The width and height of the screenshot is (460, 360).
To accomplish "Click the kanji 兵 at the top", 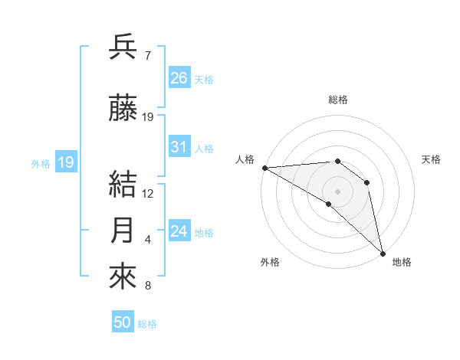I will [124, 47].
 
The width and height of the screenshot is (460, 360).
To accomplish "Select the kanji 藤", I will [124, 109].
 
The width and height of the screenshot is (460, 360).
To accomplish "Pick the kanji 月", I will [124, 231].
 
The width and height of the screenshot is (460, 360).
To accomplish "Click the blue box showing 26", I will [179, 78].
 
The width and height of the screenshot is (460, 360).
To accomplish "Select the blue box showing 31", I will [179, 147].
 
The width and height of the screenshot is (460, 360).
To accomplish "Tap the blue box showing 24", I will [179, 231].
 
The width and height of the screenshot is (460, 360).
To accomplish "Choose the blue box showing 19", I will [65, 162].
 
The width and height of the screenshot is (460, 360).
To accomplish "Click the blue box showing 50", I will [123, 322].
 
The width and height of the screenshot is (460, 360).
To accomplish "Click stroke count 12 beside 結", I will [148, 194].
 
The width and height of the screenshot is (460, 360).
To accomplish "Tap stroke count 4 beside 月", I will [147, 241].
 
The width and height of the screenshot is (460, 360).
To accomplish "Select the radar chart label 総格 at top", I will [337, 100].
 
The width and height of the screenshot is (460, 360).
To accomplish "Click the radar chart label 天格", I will [431, 159].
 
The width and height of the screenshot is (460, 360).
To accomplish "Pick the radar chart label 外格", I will [270, 262].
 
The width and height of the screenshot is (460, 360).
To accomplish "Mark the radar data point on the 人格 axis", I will [264, 168].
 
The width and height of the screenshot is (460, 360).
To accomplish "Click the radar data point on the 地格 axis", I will [382, 252].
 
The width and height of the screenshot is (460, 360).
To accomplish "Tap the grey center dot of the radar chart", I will [337, 191].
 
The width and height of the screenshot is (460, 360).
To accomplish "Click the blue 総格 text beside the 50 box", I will [147, 324].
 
